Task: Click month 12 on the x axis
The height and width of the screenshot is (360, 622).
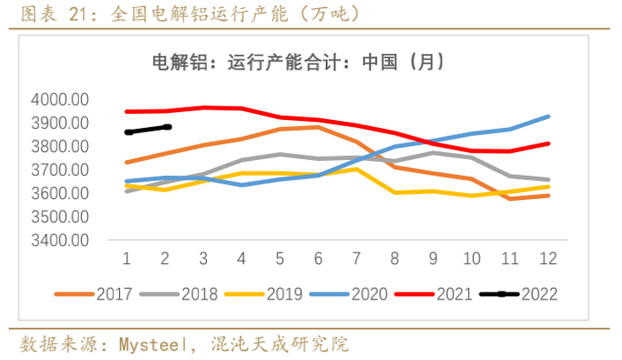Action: coord(549,258)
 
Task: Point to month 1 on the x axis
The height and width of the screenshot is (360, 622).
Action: coord(126,258)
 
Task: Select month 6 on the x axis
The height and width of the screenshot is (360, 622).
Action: coord(318,258)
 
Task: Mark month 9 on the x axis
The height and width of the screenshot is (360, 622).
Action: coord(434,258)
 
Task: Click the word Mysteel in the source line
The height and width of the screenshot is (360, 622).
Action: coord(156,343)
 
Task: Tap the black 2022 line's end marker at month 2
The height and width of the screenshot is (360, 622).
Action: coord(166,126)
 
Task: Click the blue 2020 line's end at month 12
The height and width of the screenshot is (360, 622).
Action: coord(549,116)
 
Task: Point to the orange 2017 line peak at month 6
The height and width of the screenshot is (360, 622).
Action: coord(318,127)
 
